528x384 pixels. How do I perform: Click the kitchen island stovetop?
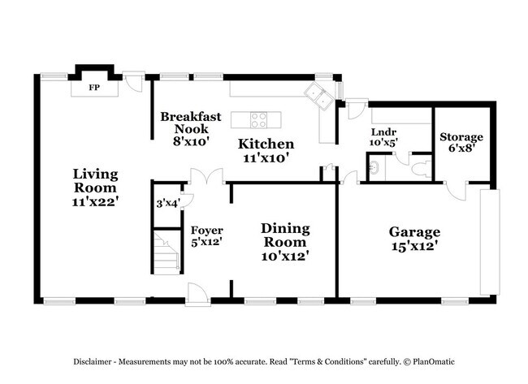[258, 120]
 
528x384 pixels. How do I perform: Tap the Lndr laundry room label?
[383, 132]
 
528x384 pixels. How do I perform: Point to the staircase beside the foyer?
[167, 252]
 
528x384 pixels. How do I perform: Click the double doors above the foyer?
[205, 176]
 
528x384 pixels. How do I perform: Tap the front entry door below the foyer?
[197, 294]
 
